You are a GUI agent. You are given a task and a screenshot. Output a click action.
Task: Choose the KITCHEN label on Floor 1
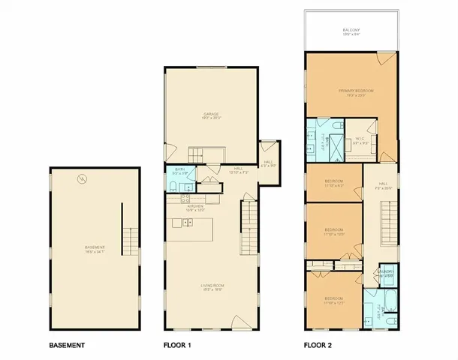coord(196,207)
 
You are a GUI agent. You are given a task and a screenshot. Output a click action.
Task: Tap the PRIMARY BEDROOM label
coord(351,92)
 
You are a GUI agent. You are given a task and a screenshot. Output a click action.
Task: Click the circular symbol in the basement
coord(82,178)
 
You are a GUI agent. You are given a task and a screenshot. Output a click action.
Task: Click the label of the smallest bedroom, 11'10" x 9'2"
coord(334,183)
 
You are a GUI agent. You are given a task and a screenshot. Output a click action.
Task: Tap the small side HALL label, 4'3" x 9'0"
coord(269,163)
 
